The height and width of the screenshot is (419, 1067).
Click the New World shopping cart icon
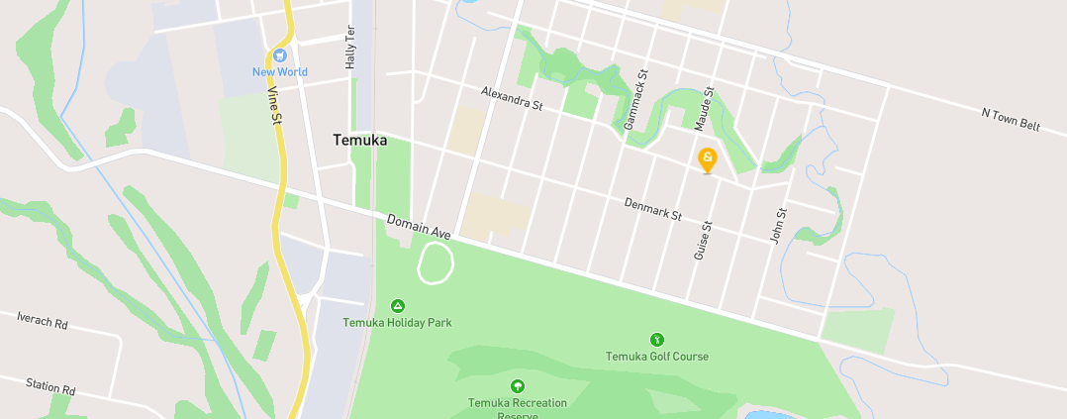(280, 54)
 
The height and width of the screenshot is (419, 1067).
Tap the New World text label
(280, 72)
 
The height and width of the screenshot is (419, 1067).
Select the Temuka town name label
(359, 141)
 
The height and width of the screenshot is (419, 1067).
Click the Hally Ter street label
(349, 47)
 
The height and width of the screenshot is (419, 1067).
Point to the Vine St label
(273, 104)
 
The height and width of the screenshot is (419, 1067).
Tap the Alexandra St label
(512, 98)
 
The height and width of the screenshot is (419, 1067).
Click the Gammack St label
(634, 101)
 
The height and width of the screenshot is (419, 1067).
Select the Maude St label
(704, 109)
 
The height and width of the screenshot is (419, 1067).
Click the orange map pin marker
(708, 159)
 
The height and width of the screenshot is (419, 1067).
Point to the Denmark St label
(653, 209)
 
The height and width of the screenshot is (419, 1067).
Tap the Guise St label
(704, 241)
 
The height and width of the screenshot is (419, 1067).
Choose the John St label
(778, 227)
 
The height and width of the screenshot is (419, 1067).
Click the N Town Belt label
(1011, 119)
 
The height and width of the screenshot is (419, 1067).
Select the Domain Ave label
(419, 227)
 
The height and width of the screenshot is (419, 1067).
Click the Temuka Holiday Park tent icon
(398, 306)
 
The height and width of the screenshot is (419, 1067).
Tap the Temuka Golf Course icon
(656, 340)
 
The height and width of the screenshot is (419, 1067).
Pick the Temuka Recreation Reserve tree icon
(517, 386)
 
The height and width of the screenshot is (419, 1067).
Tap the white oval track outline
(436, 263)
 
